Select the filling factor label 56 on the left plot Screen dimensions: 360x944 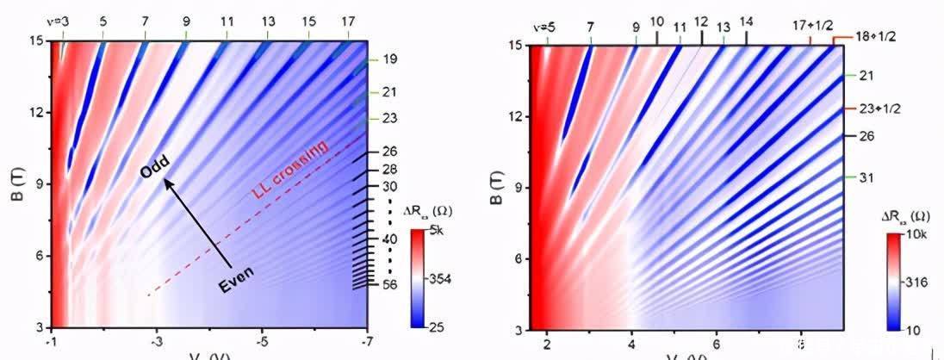pos(389,284)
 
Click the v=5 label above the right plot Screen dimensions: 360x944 pos(543,27)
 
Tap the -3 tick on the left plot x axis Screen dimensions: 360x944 pos(157,342)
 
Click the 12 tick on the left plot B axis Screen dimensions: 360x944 pos(36,112)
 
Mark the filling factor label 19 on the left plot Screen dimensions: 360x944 pos(389,59)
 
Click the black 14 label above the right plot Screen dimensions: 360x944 pos(746,22)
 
